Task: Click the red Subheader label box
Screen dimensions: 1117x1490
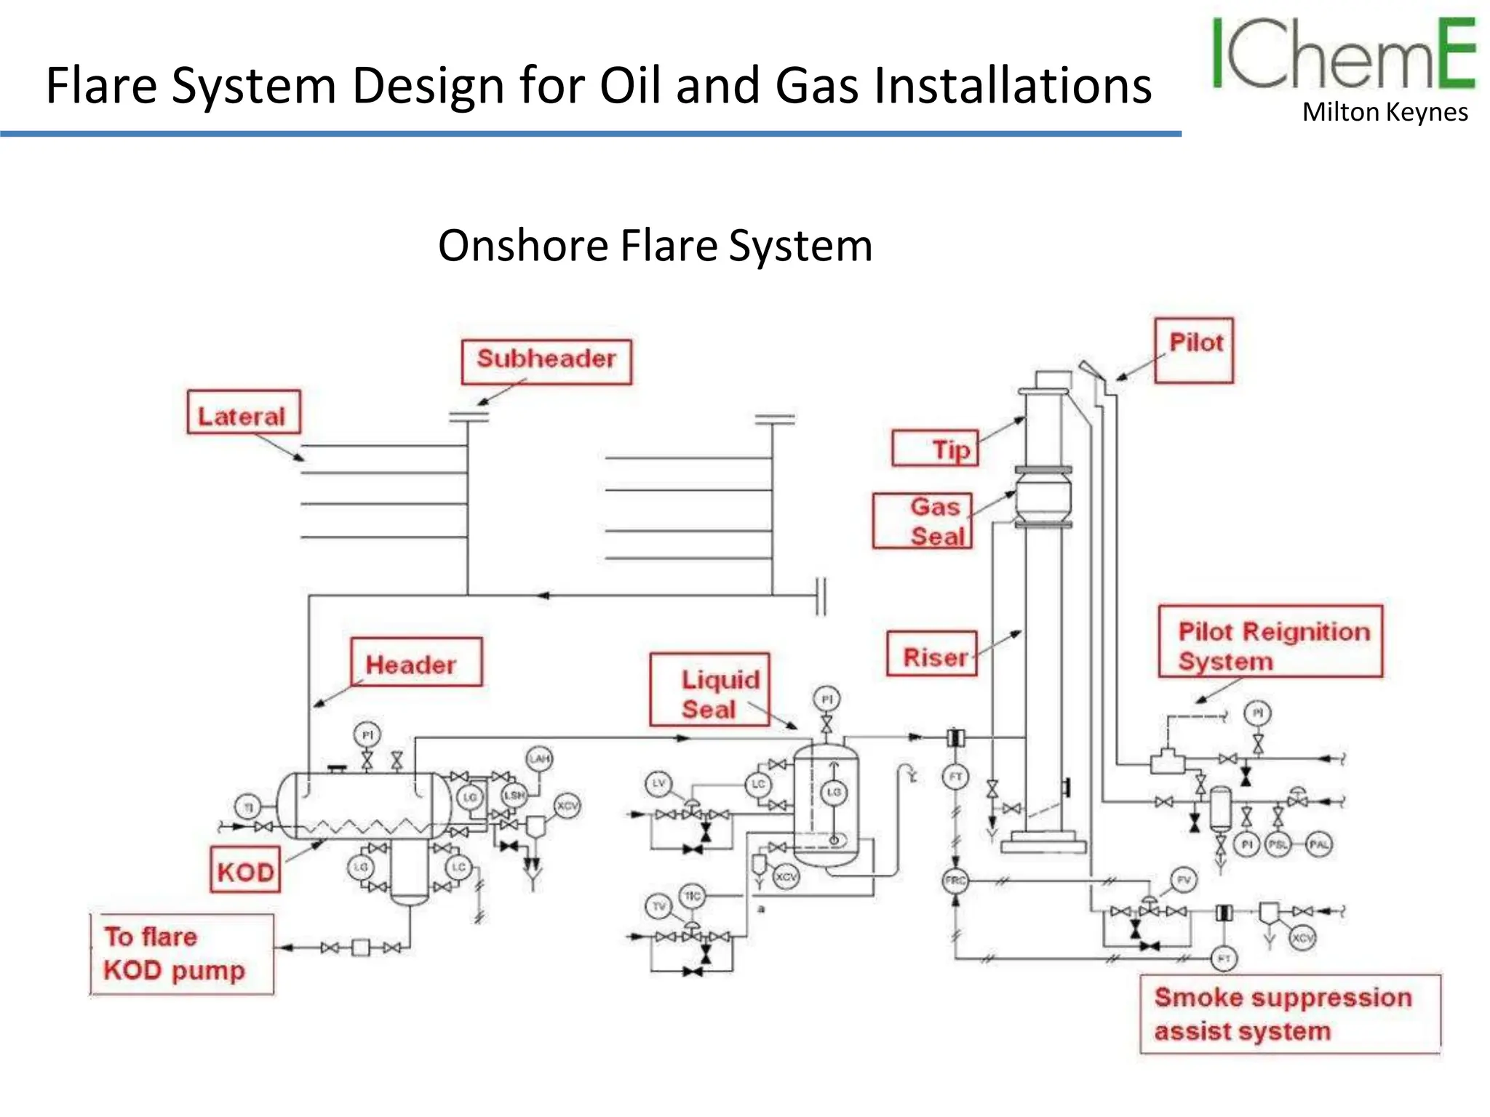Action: coord(546,361)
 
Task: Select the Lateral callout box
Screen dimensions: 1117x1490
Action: coord(243,412)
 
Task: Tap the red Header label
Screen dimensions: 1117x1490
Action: coord(415,662)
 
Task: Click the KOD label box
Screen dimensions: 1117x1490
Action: coord(245,869)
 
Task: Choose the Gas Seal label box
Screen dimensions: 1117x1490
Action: coord(923,521)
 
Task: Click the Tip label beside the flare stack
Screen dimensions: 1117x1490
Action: coord(936,448)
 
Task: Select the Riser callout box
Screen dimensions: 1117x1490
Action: coord(931,654)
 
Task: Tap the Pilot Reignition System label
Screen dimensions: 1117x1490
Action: coord(1270,641)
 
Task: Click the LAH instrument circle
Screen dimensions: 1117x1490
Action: coord(539,758)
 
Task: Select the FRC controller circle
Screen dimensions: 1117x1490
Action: coord(955,881)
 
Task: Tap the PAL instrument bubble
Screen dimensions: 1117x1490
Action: coord(1319,844)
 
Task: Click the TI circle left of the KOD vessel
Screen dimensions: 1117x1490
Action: coord(247,806)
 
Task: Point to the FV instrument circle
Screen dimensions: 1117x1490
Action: coord(1184,880)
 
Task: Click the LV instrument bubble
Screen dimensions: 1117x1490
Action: coord(658,783)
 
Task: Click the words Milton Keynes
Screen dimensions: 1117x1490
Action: coord(1385,113)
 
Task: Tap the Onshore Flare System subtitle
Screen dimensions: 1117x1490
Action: coord(655,246)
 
